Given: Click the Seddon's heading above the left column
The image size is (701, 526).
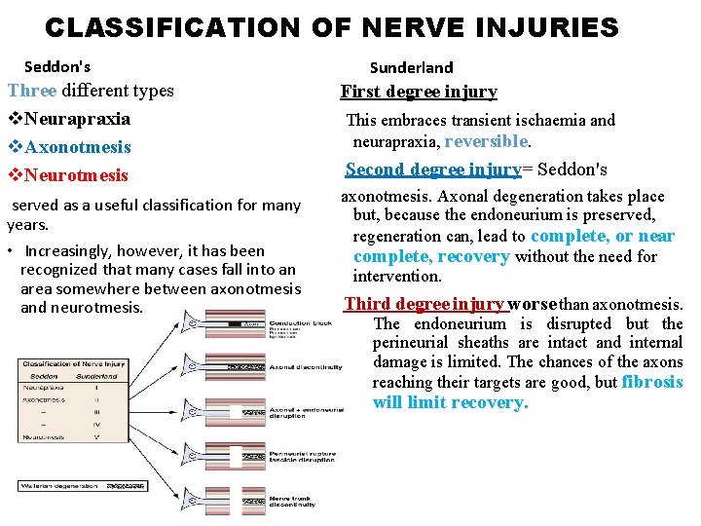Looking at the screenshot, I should tap(57, 67).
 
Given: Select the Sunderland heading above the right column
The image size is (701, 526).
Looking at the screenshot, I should tap(411, 67).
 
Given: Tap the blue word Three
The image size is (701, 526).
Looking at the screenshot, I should tap(32, 91).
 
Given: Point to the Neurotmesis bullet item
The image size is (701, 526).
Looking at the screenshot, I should tap(74, 175).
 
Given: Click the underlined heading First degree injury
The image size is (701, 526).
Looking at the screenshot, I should tap(419, 92).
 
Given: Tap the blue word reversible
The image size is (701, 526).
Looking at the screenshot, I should tap(486, 141).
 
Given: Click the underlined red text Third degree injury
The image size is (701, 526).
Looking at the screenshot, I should tap(424, 304).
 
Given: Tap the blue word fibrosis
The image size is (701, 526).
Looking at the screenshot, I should tap(651, 382).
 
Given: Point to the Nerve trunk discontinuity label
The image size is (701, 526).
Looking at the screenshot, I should tap(292, 501).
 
